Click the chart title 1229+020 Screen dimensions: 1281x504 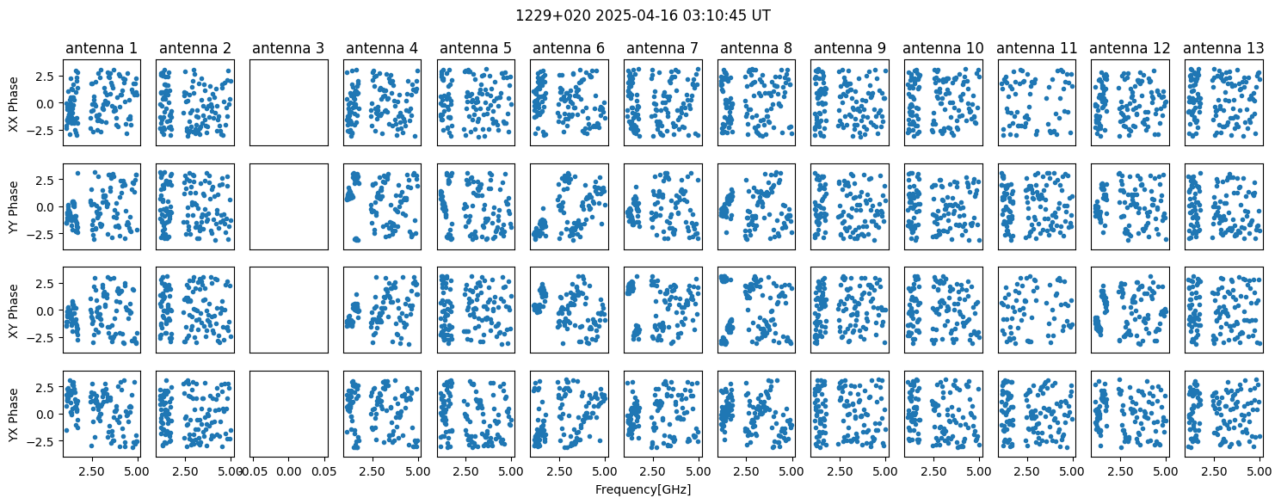point(553,15)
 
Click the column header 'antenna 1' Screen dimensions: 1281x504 point(102,48)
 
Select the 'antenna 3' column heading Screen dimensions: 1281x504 point(288,48)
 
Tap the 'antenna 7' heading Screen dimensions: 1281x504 point(662,48)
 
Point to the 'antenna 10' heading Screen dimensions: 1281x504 point(943,48)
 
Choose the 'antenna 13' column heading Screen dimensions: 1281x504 point(1223,48)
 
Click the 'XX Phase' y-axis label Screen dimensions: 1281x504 point(14,103)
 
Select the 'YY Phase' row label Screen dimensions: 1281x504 point(14,207)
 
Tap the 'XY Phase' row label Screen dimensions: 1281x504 point(14,310)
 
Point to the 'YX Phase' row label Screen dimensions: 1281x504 point(14,415)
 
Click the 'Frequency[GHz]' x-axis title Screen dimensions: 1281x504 point(643,489)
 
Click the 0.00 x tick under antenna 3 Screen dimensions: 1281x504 point(288,471)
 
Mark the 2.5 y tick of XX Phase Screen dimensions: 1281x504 point(48,76)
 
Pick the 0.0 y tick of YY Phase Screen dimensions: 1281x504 point(48,207)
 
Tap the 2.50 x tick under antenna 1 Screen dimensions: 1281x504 point(91,471)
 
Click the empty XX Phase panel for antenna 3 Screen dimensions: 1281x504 point(289,103)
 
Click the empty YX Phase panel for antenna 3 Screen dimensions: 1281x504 point(289,415)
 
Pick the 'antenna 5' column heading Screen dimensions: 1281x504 point(475,48)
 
